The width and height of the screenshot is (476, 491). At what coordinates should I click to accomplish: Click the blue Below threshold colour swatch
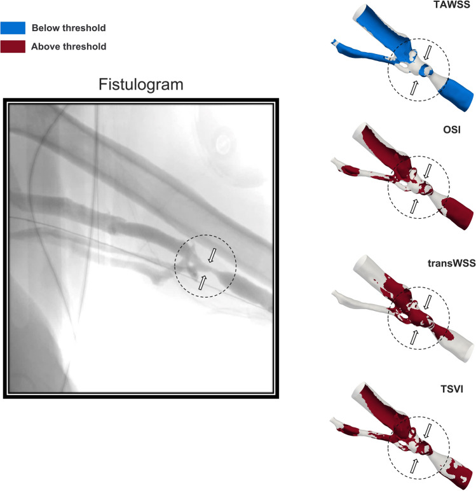[x=13, y=27]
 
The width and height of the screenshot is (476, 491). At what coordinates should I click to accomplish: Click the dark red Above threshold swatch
[x=13, y=46]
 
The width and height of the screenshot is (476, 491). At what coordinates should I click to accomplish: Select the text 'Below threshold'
[x=69, y=28]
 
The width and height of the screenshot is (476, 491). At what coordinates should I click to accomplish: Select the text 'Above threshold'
[x=69, y=46]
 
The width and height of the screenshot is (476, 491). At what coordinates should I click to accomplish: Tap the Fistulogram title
[x=140, y=85]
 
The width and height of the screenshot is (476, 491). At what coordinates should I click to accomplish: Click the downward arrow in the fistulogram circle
[x=214, y=255]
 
